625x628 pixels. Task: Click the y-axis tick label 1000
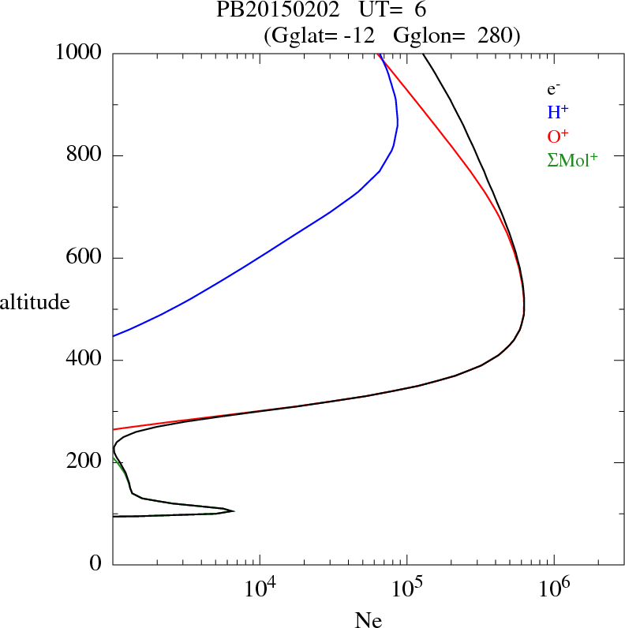click(80, 53)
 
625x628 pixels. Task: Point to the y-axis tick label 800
click(85, 155)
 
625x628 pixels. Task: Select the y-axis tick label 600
click(85, 258)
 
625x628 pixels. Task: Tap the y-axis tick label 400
click(85, 361)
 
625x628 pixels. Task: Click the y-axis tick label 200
click(85, 462)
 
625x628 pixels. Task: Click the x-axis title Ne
click(369, 620)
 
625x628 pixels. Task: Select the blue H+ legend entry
click(557, 112)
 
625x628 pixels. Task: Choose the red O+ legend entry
click(557, 136)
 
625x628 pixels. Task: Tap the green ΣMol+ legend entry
click(571, 160)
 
